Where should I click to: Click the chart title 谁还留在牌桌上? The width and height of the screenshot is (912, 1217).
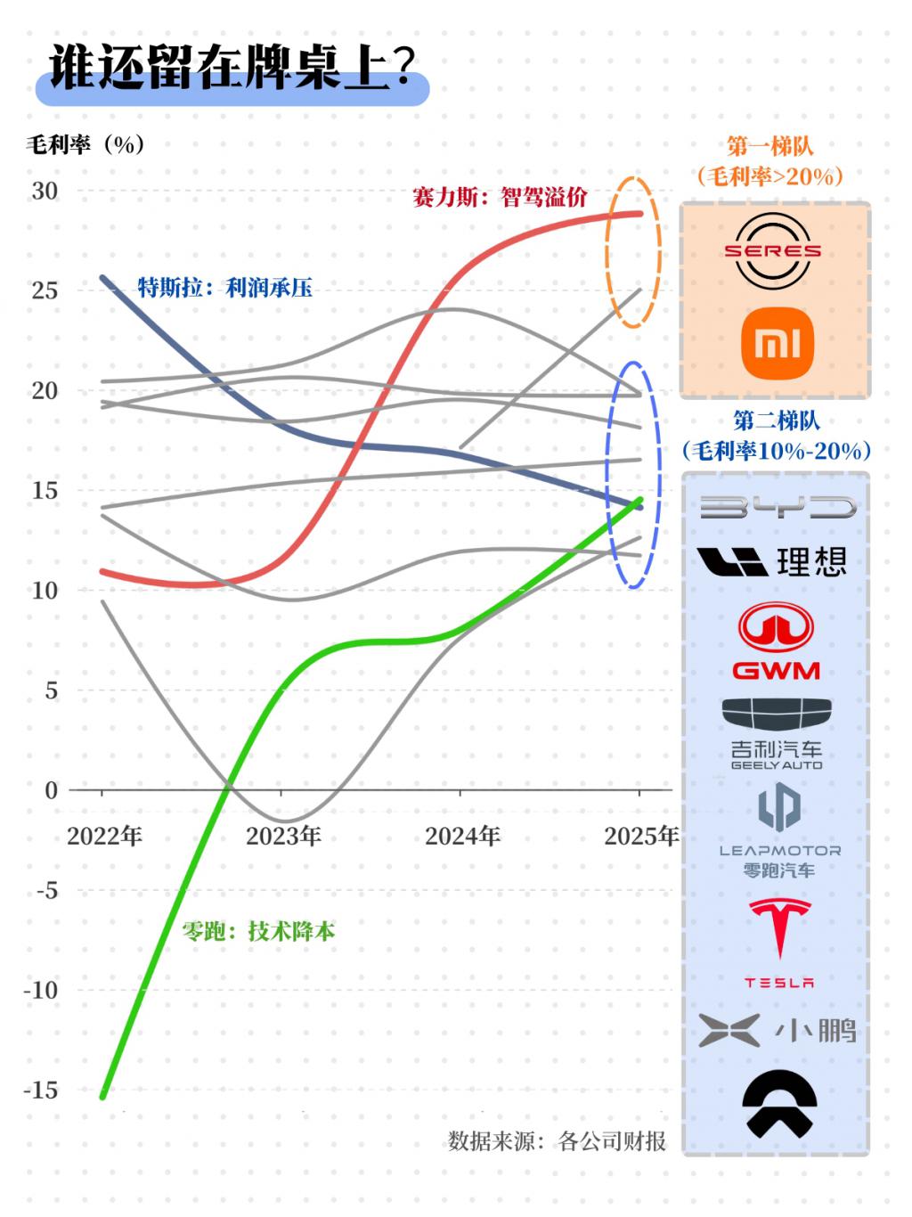tap(232, 69)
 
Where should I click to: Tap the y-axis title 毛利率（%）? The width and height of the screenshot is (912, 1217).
tap(85, 144)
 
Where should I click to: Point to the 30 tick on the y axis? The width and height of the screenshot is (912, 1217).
tap(45, 191)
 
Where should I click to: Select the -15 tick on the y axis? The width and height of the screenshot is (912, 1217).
tap(40, 1090)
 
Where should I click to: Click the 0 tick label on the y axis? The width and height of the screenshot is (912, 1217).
tap(51, 790)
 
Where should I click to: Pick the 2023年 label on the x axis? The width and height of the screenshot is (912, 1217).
tap(283, 837)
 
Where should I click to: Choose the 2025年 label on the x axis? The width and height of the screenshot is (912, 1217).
tap(641, 837)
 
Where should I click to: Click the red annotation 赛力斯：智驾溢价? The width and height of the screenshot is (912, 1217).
tap(499, 197)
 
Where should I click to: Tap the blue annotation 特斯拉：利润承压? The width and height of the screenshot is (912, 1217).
tap(224, 287)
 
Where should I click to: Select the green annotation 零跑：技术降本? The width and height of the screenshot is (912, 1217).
tap(258, 932)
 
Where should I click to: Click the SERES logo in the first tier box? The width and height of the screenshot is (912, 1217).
tap(772, 251)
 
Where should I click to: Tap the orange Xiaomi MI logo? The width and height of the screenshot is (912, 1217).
tap(778, 343)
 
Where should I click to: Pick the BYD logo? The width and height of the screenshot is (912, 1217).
tap(777, 508)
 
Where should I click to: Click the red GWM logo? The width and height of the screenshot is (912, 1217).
tap(776, 641)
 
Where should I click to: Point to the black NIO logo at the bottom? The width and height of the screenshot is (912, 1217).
tap(779, 1103)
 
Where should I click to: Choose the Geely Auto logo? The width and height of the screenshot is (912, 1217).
tap(776, 734)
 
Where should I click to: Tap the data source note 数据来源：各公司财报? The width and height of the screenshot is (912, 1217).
tap(557, 1141)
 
